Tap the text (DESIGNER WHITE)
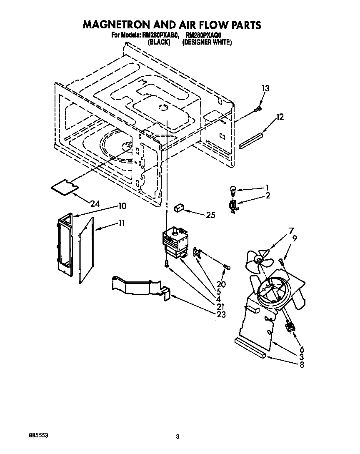pos(207,42)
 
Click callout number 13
pos(265,88)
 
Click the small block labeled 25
pos(180,207)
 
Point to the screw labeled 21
pos(167,264)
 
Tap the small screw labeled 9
pos(280,261)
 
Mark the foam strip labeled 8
pos(250,348)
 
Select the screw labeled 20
pos(227,266)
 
